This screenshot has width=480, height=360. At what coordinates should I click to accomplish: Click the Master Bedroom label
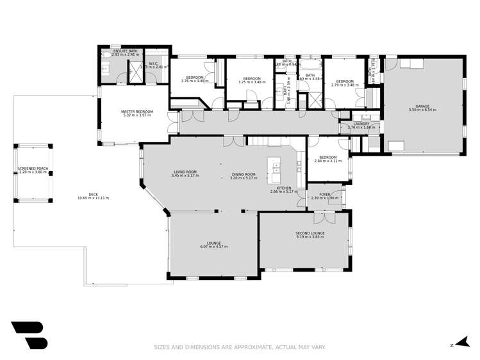click(x=135, y=111)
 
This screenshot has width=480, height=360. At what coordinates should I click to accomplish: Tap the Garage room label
click(x=422, y=106)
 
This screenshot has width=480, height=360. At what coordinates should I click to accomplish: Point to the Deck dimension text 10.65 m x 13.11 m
click(x=93, y=198)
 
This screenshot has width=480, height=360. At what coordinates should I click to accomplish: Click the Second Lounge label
click(x=310, y=233)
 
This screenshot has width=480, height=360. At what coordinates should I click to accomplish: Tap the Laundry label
click(x=361, y=124)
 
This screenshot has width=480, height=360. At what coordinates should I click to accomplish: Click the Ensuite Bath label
click(x=125, y=51)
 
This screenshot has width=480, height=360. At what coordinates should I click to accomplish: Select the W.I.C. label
click(x=154, y=63)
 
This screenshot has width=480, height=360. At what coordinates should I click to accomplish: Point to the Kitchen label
click(x=284, y=188)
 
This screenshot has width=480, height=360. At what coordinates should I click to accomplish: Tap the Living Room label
click(x=185, y=172)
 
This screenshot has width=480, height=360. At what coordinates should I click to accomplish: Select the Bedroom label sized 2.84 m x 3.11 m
click(x=327, y=158)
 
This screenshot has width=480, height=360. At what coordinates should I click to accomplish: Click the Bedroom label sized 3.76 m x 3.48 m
click(x=195, y=78)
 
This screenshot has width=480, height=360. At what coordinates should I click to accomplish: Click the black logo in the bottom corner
click(x=29, y=334)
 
